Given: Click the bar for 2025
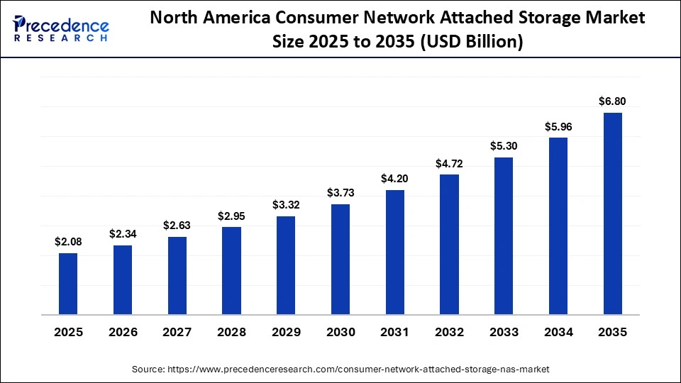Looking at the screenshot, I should coord(68,284).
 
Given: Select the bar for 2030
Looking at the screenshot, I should coord(340,259).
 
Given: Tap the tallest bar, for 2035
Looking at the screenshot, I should coord(613,213).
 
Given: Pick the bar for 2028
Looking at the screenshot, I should coord(231,270).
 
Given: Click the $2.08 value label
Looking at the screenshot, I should coord(68,242).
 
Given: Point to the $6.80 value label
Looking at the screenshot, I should coord(613,101).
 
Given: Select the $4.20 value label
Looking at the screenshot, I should coord(395,179).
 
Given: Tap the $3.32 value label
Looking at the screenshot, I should coord(286,205).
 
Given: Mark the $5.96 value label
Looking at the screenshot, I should coord(558,127).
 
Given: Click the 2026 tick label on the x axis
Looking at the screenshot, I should coord(123,332).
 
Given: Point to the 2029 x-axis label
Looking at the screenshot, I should coord(286,332).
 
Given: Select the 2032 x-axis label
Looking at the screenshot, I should coord(449,332).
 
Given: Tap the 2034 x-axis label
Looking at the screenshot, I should coord(558,332).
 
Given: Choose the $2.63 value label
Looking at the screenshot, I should coord(177,226).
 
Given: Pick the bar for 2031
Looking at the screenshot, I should coord(395,252).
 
